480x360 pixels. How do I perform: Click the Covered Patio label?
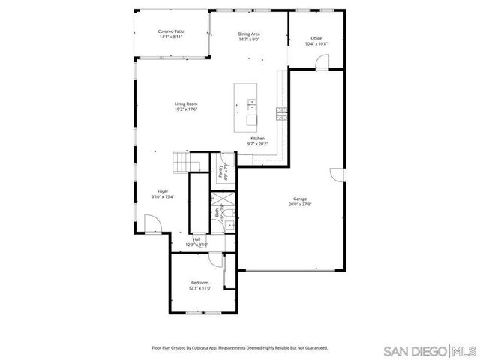point(170,31)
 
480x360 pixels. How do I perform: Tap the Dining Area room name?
point(249,34)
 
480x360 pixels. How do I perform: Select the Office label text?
point(316,38)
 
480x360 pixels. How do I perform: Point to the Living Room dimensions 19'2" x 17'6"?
point(186,109)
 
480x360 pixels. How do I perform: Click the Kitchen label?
point(257,139)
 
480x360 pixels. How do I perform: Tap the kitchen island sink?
point(252,104)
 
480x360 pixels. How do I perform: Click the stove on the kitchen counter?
point(282,114)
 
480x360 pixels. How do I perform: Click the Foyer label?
point(162,191)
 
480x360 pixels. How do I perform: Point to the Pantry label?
point(221,172)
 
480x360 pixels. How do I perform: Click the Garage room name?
point(300,199)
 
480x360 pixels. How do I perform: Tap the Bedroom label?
point(199,282)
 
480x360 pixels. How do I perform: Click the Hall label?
point(196,239)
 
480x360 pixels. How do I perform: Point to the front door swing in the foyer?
point(151,223)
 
